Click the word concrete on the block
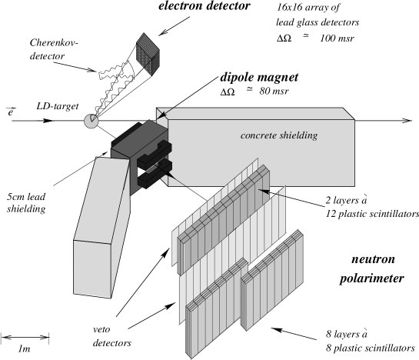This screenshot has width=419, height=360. [258, 136]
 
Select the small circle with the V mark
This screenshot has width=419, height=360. [91, 121]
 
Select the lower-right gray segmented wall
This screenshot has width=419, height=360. [272, 277]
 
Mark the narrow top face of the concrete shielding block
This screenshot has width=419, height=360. [254, 113]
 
